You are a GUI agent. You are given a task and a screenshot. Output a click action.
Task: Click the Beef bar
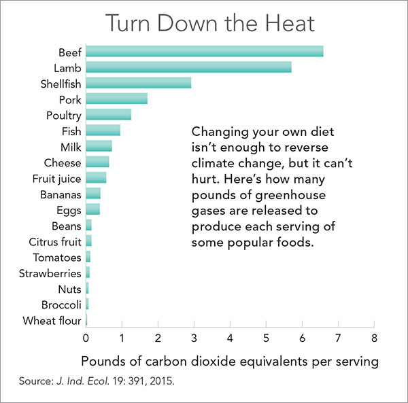(x=204, y=52)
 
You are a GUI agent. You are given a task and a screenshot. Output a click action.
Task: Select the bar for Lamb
(x=188, y=67)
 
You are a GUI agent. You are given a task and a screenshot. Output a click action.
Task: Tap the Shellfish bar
(x=138, y=83)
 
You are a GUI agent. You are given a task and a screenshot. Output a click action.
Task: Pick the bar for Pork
(x=116, y=99)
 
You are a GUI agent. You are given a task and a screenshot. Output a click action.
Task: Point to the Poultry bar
(x=108, y=115)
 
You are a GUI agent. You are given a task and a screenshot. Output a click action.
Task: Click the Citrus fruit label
(x=55, y=241)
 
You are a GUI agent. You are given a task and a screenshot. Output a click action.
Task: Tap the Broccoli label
(x=61, y=304)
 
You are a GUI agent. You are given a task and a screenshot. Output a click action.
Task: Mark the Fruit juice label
(x=57, y=179)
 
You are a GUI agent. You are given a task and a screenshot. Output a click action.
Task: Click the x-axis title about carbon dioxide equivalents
(x=229, y=361)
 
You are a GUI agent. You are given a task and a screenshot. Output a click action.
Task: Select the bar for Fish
(x=103, y=130)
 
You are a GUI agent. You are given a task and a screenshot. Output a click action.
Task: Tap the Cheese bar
(x=97, y=162)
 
